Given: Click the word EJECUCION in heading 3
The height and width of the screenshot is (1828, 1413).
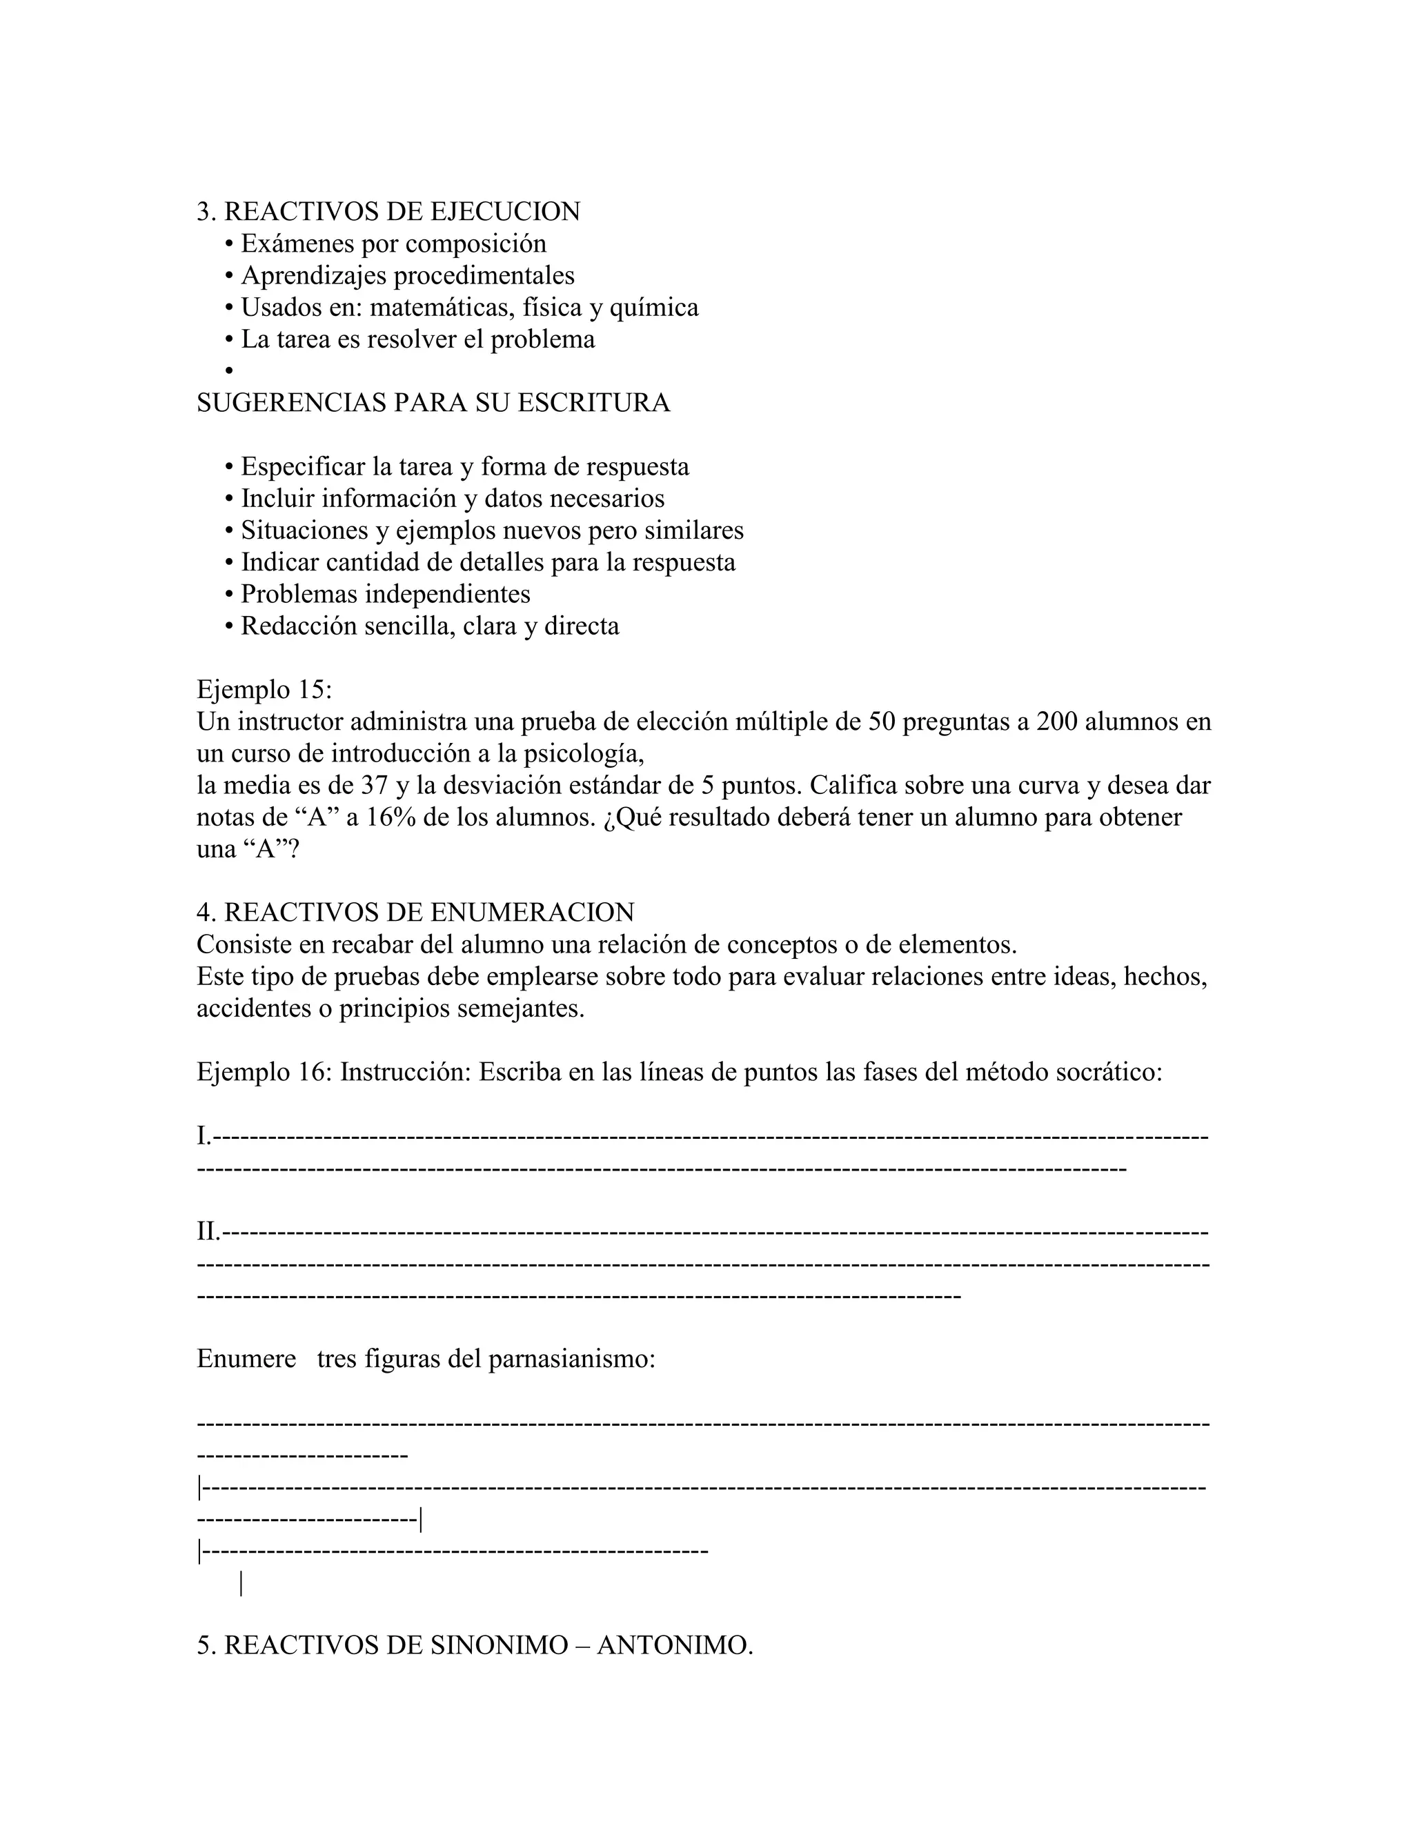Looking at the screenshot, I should pos(505,212).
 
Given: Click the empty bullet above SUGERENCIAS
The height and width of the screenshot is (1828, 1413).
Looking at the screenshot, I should pos(229,371).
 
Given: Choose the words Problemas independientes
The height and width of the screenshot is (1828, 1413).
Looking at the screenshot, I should pos(385,593).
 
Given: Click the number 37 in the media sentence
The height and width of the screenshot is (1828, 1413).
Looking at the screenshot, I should pos(374,785).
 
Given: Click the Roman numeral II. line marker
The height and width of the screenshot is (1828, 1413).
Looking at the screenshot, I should pos(208,1231).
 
